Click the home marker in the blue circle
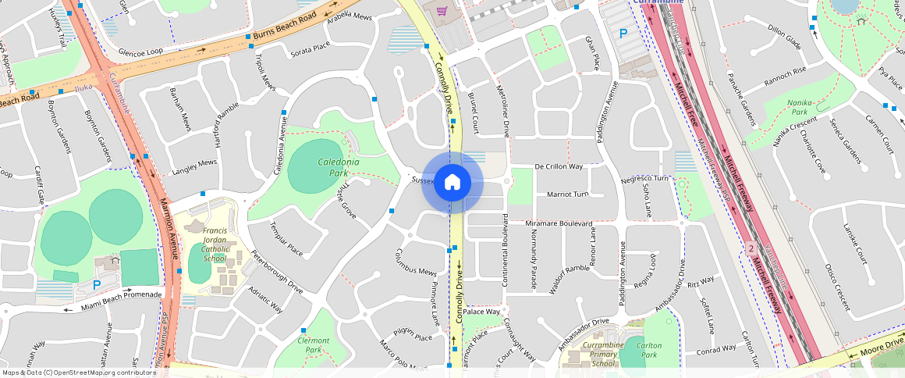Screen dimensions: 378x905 pos(452,184)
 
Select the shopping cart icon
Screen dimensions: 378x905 pos(442,11)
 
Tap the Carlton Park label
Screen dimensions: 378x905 pos(649,350)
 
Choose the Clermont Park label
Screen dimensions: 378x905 pos(314,345)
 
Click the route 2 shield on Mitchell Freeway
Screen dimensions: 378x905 pos(751,248)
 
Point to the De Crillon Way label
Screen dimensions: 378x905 pos(559,166)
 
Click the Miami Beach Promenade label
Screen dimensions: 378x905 pos(121,300)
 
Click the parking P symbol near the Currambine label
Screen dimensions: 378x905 pos(623,34)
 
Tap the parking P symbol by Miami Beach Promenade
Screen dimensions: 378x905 pos(97,285)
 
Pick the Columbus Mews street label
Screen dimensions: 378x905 pos(414,262)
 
